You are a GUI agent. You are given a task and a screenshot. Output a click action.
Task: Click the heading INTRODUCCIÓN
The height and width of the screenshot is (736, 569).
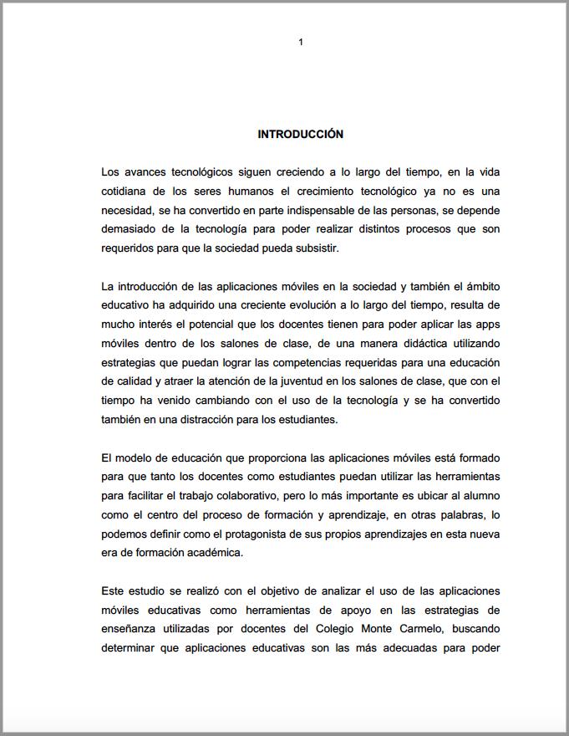pos(300,134)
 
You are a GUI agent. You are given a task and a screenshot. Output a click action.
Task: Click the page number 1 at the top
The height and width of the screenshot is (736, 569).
pos(301,42)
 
